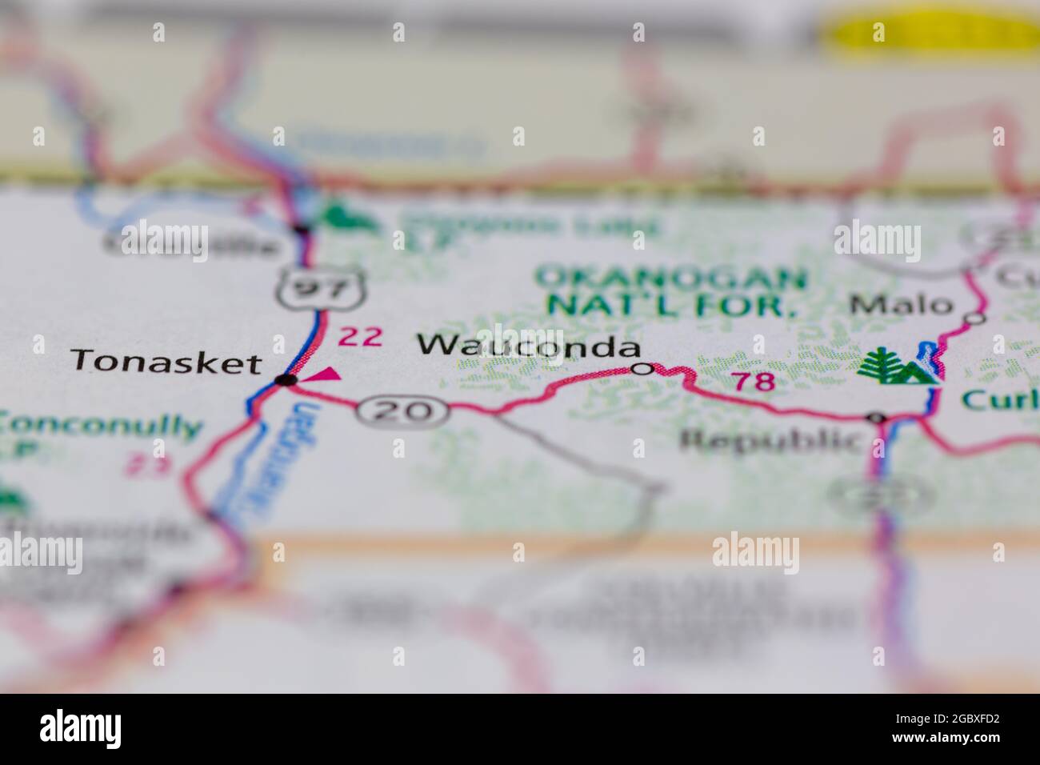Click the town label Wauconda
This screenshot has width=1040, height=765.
click(529, 346)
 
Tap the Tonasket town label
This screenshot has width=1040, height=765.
click(166, 362)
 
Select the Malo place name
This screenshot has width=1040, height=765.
click(902, 305)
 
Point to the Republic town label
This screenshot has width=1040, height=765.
click(771, 439)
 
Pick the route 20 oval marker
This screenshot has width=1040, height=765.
click(402, 411)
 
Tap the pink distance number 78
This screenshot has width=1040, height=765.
click(754, 382)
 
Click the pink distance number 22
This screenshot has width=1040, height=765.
click(359, 337)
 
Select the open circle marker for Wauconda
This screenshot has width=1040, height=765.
click(642, 369)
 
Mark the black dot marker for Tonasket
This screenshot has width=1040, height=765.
click(286, 380)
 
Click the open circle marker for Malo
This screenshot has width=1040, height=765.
click(974, 318)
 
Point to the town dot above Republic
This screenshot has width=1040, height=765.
click(877, 418)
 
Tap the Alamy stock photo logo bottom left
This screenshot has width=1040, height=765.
click(80, 729)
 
